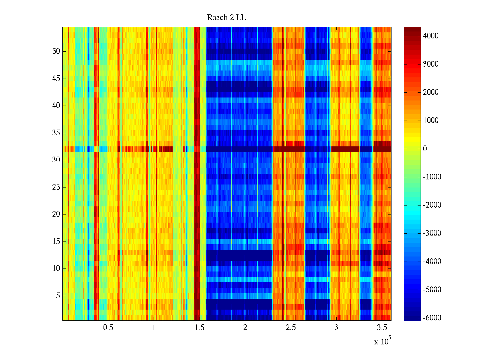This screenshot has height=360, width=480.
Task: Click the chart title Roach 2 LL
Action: click(226, 18)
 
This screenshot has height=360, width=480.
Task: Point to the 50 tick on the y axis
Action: click(56, 51)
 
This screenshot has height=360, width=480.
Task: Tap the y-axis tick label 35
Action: click(56, 133)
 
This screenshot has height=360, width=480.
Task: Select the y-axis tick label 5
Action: click(58, 296)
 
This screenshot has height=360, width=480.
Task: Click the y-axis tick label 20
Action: click(56, 214)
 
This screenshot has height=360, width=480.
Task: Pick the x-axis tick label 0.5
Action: click(108, 327)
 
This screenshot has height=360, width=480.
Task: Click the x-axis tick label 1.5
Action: click(199, 327)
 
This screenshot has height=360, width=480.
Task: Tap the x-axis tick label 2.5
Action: click(291, 327)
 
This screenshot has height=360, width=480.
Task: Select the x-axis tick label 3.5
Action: click(382, 327)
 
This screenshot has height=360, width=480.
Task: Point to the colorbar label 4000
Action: click(430, 36)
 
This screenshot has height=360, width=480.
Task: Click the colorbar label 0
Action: click(425, 149)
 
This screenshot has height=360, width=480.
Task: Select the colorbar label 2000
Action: click(430, 92)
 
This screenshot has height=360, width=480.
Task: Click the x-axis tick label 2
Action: click(245, 327)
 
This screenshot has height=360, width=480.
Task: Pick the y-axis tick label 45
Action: click(56, 79)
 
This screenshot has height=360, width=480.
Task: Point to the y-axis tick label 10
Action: click(56, 268)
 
